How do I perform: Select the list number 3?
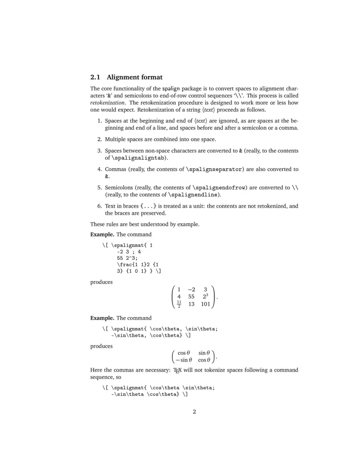tap(100, 151)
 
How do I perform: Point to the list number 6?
tap(100, 206)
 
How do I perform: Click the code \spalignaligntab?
tap(139, 158)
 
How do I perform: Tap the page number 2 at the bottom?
tap(194, 411)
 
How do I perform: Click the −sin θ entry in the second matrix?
tap(184, 360)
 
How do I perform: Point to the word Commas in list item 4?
tap(115, 169)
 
